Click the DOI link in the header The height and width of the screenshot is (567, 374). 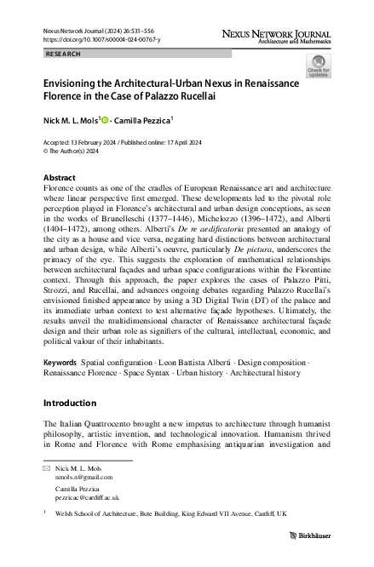[x=91, y=39]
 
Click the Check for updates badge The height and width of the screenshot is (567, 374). [x=319, y=66]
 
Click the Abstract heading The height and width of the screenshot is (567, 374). [x=59, y=177]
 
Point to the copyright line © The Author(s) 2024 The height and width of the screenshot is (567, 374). [x=77, y=151]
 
